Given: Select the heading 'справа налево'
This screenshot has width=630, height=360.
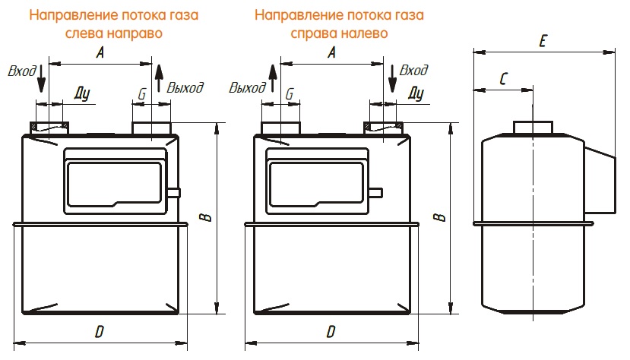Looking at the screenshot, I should tap(339, 33).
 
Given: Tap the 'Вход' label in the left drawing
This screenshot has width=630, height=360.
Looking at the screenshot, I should tap(21, 71).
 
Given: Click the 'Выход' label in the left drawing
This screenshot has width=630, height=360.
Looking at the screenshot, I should tap(185, 87).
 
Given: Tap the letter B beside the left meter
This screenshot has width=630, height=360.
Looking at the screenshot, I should tap(207, 217).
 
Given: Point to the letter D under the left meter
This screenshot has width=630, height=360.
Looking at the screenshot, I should tap(100, 332).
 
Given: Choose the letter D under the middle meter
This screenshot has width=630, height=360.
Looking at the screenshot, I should tap(331, 332).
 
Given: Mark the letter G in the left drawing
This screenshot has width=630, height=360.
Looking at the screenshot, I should tap(141, 93).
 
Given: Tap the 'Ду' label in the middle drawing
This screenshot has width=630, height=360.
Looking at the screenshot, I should tap(415, 93).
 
